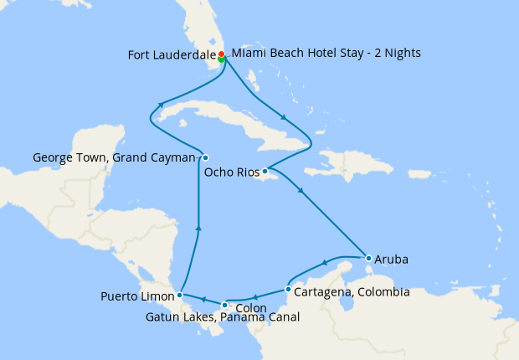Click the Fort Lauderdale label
[x=171, y=55]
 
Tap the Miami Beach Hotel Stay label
[x=326, y=53]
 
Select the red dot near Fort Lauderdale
[x=221, y=54]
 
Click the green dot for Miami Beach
[x=221, y=59]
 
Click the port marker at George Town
[x=205, y=157]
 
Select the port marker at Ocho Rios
[x=265, y=172]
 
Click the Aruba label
[x=392, y=260]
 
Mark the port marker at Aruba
[x=368, y=258]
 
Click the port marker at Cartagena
[x=287, y=291]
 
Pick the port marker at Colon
[x=224, y=304]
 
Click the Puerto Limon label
[x=136, y=296]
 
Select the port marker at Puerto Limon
[x=180, y=296]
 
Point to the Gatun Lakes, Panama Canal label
[x=223, y=317]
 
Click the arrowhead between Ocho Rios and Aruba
[x=301, y=191]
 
